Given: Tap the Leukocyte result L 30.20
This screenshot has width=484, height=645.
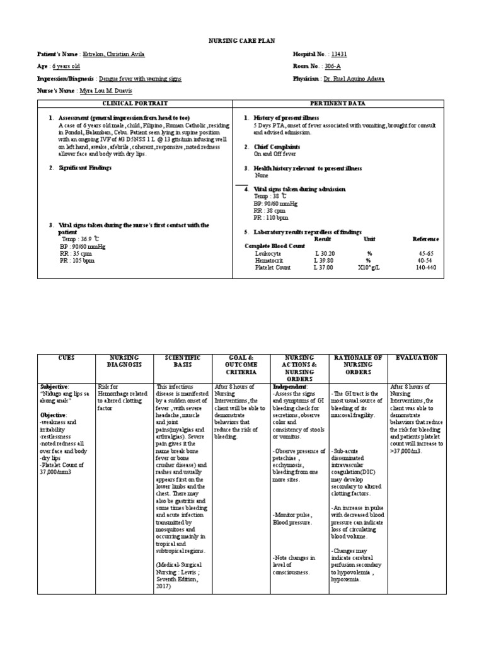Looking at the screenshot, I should point(323,253).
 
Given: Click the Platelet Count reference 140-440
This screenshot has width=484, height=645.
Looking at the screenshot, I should point(426,267).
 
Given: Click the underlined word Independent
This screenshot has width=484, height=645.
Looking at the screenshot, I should point(290,386).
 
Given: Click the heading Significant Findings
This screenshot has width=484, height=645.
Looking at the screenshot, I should point(84,168).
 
